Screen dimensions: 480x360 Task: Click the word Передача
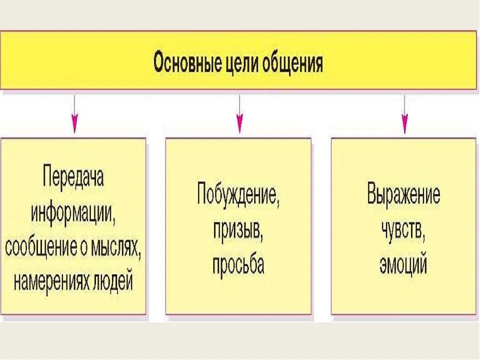(73, 177)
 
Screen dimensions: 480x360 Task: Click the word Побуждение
(238, 194)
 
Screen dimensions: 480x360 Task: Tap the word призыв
(238, 229)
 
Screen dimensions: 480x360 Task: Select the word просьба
(238, 264)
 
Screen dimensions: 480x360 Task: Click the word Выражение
(403, 194)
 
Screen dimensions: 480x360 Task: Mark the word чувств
(403, 229)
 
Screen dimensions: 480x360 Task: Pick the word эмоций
(403, 264)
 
